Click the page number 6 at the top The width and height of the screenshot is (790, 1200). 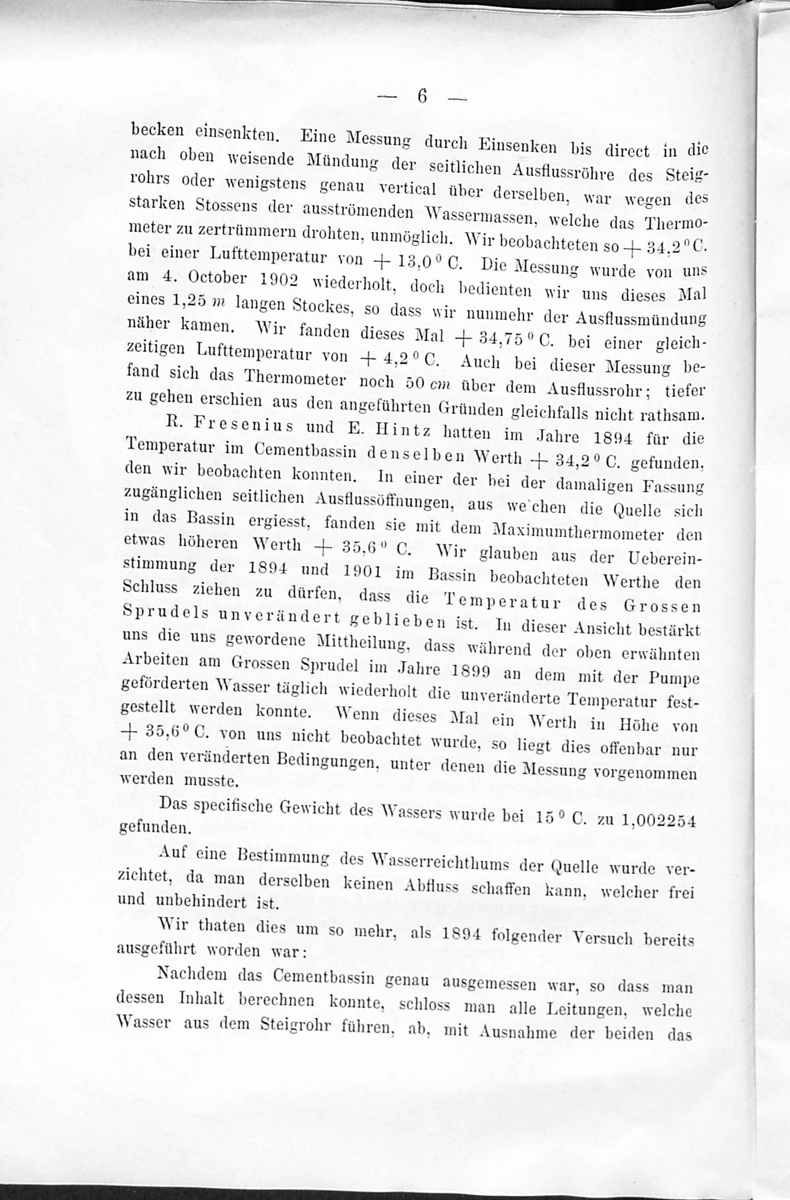click(x=423, y=96)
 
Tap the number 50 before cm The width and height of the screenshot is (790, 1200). click(x=416, y=383)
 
